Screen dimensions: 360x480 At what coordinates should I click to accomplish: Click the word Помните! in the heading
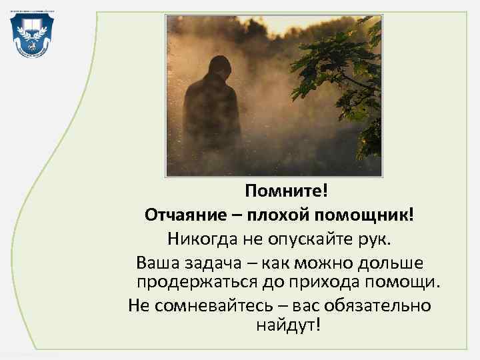tap(287, 192)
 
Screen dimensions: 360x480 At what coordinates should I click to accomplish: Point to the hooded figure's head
tap(218, 69)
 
